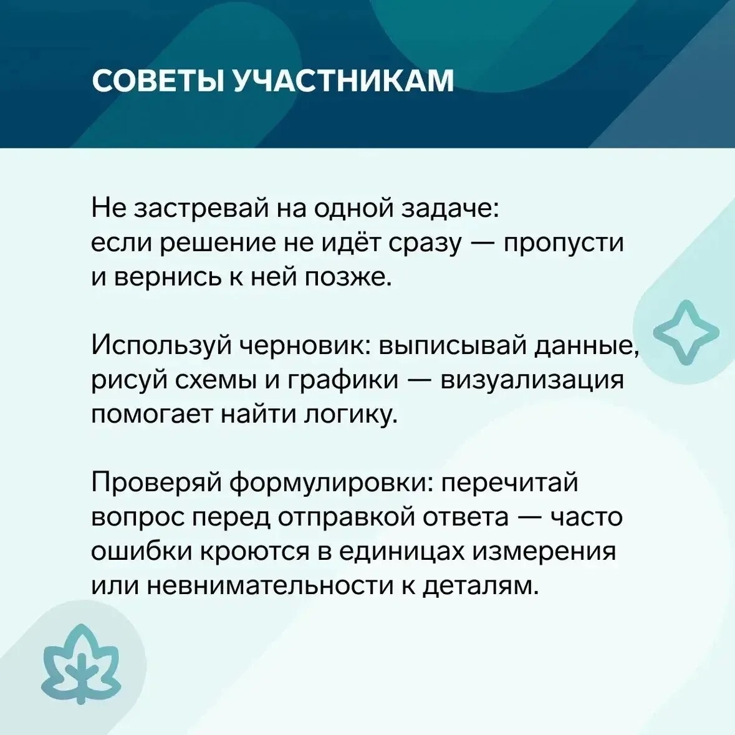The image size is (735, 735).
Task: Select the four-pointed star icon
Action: (x=686, y=332)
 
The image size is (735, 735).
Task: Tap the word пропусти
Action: (x=564, y=244)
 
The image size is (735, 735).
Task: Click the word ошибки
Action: (x=142, y=552)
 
